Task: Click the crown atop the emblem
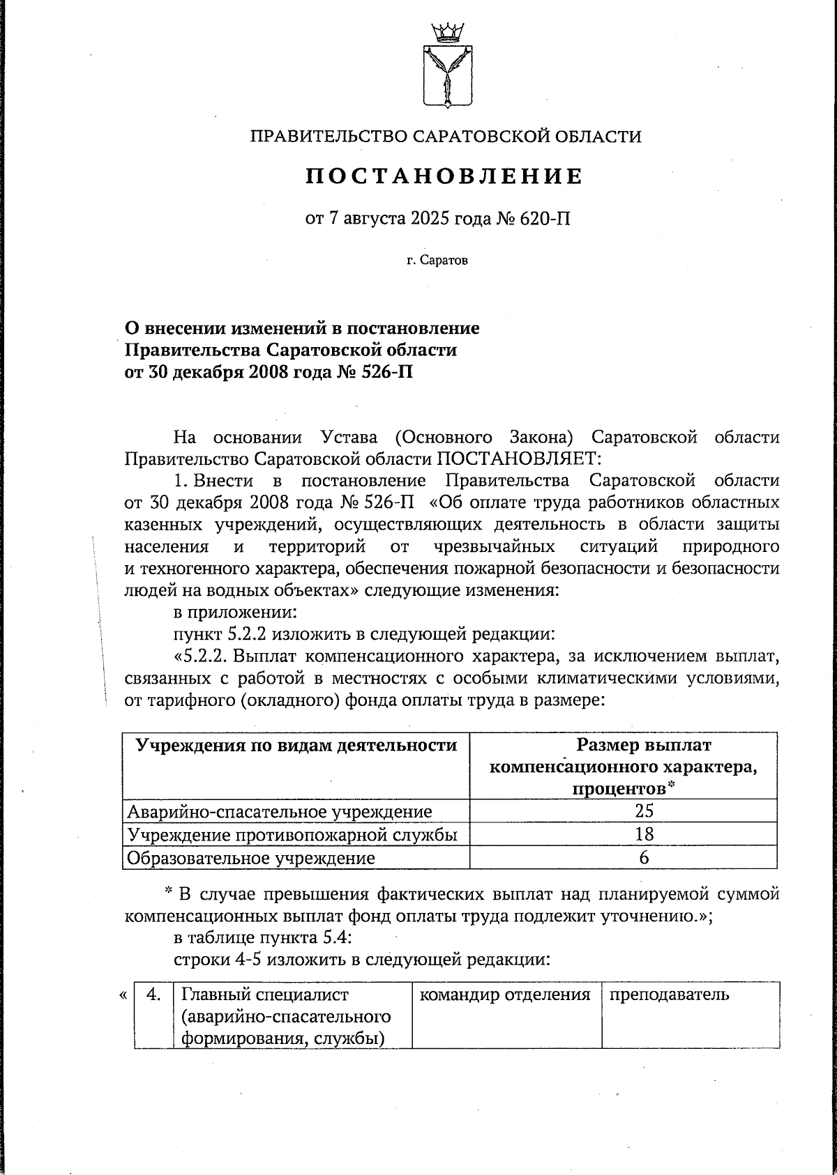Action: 446,31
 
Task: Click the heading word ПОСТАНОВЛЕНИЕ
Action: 444,176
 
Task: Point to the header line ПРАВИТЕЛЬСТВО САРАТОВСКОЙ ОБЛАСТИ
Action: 446,136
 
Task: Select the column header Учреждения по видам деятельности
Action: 296,746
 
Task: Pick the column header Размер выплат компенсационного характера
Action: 624,767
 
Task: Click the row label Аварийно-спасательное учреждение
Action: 279,811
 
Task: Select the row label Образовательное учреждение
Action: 250,858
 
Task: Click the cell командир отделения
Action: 505,994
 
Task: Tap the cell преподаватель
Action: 670,994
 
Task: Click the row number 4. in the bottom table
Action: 154,994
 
